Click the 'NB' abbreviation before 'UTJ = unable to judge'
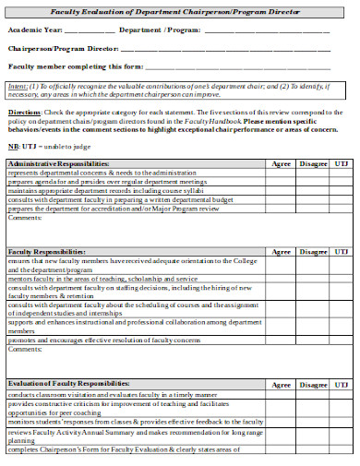[13, 147]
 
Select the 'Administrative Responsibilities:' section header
[58, 163]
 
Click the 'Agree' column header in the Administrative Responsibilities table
[281, 163]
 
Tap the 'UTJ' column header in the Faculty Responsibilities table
[342, 251]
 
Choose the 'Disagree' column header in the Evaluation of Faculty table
[313, 383]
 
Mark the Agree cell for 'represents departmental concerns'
[281, 173]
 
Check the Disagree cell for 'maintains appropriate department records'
[313, 191]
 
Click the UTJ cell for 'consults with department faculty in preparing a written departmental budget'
[342, 199]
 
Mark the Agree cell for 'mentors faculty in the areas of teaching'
[281, 278]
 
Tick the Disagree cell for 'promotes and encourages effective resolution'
[313, 341]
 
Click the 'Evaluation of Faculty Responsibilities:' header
[68, 383]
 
